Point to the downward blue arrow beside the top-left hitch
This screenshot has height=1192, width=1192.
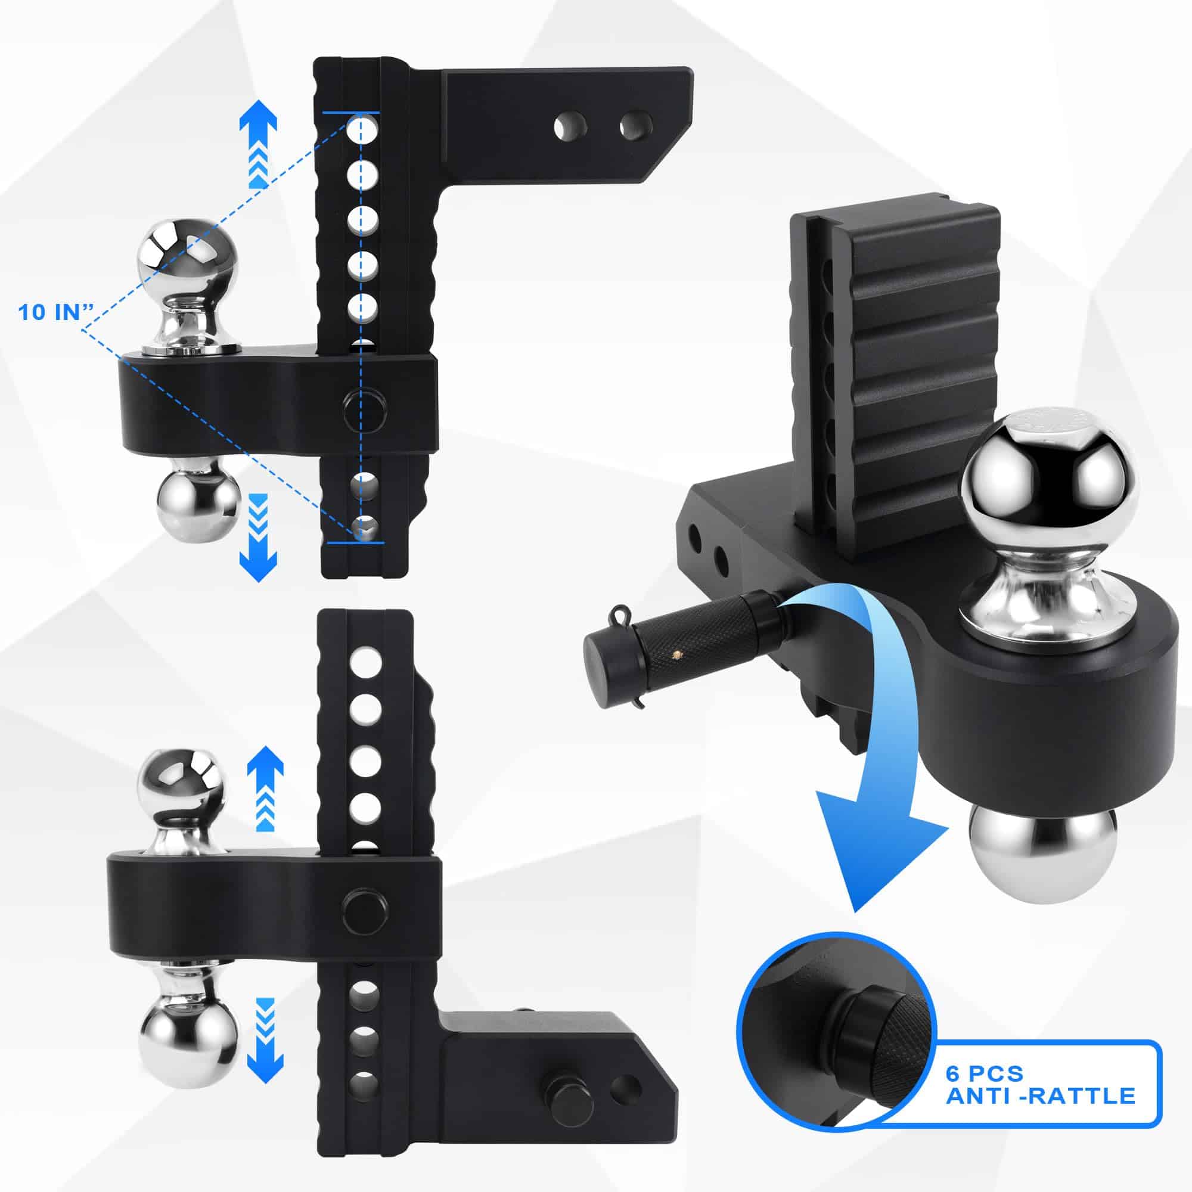point(259,538)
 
